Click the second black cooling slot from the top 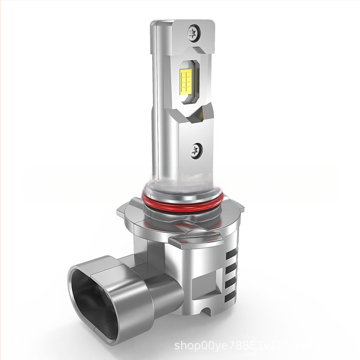tap(232, 266)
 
